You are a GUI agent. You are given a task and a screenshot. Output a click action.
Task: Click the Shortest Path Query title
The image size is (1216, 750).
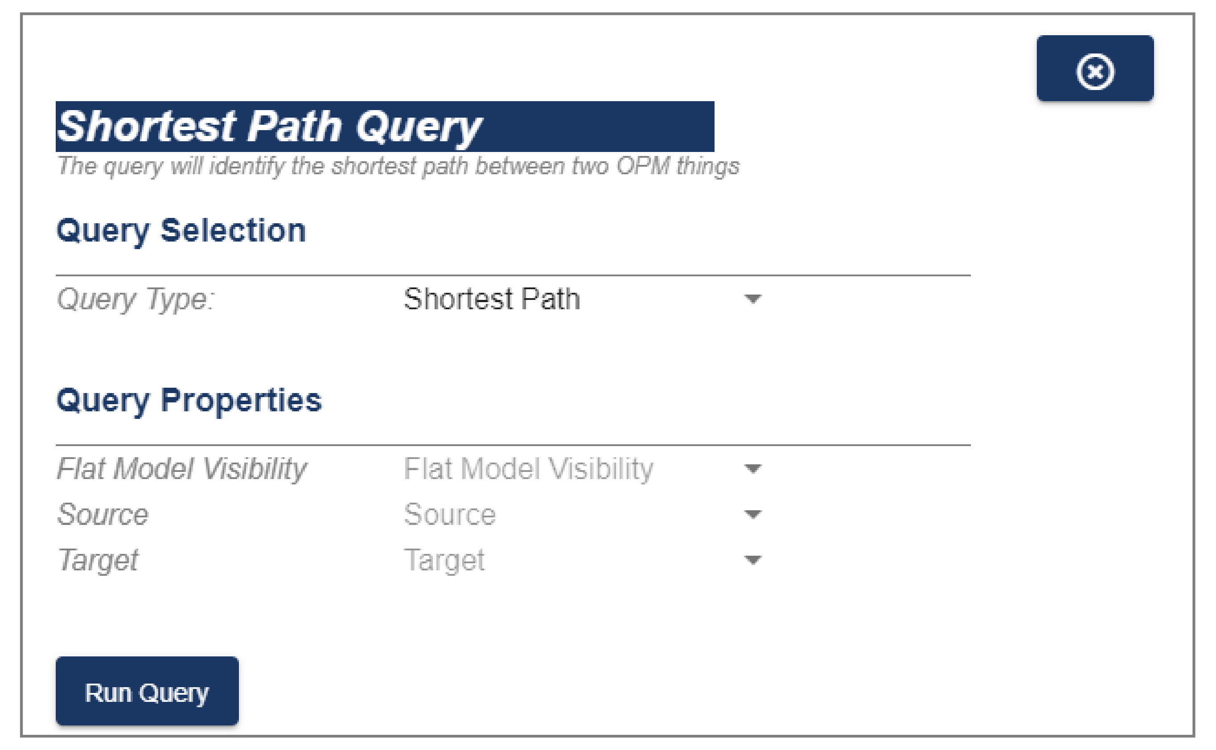pos(269,127)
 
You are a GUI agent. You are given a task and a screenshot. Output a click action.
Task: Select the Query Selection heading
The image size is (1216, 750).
pos(181,231)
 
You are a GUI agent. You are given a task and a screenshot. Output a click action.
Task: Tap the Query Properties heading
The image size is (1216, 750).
pos(189,401)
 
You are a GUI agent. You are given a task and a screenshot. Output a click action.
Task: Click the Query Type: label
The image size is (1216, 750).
pos(136,299)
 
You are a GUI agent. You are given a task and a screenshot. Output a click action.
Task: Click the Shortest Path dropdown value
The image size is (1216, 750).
pos(492,299)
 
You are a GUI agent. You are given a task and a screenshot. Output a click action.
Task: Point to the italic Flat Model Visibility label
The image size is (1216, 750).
pos(181,469)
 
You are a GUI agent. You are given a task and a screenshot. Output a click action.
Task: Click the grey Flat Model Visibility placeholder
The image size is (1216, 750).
pos(528,469)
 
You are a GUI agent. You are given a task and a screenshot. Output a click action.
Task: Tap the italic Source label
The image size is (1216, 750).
pos(102,514)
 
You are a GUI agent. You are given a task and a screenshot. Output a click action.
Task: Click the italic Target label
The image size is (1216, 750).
pos(98,561)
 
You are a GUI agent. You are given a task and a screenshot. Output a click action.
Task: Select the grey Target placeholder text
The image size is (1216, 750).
pos(444,561)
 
